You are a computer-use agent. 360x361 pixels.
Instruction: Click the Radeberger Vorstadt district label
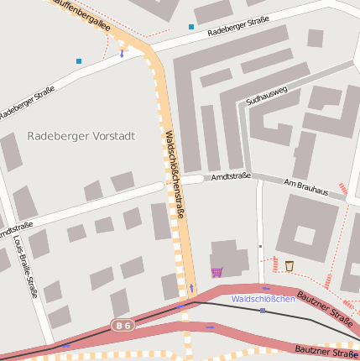pos(81,135)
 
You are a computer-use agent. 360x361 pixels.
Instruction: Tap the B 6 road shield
pos(123,325)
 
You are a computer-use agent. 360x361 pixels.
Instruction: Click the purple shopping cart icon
pos(217,271)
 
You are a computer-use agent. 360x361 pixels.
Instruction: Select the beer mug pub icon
pos(290,266)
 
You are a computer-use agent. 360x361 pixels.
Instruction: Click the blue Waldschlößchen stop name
pos(263,299)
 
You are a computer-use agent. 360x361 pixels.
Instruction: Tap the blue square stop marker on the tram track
pos(263,311)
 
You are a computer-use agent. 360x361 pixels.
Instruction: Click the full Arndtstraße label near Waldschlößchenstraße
pos(231,177)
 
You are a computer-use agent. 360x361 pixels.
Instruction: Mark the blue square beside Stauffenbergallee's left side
pos(79,60)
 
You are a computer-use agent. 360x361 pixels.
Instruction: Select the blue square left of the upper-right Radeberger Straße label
pos(191,27)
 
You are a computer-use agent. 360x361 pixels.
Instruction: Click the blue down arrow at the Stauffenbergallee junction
pos(122,54)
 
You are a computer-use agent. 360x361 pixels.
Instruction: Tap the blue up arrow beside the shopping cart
pos(191,288)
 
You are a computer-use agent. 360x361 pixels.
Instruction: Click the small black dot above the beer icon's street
pos(260,246)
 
